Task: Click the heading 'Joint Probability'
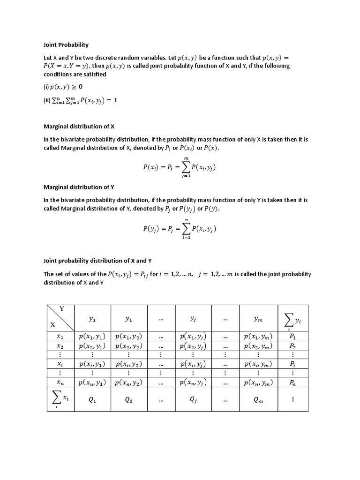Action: click(x=66, y=45)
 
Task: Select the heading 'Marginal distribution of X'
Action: click(x=79, y=127)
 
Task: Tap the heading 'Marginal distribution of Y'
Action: click(x=79, y=187)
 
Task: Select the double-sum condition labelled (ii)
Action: click(x=80, y=100)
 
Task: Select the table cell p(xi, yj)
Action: click(x=193, y=364)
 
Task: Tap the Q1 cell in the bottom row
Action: click(x=92, y=400)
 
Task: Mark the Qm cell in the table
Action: click(x=258, y=400)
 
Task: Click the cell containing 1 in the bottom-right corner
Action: click(x=293, y=400)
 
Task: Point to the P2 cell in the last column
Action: click(x=293, y=346)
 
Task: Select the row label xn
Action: click(x=60, y=382)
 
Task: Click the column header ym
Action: click(x=258, y=319)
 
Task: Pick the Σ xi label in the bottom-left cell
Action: click(x=60, y=399)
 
